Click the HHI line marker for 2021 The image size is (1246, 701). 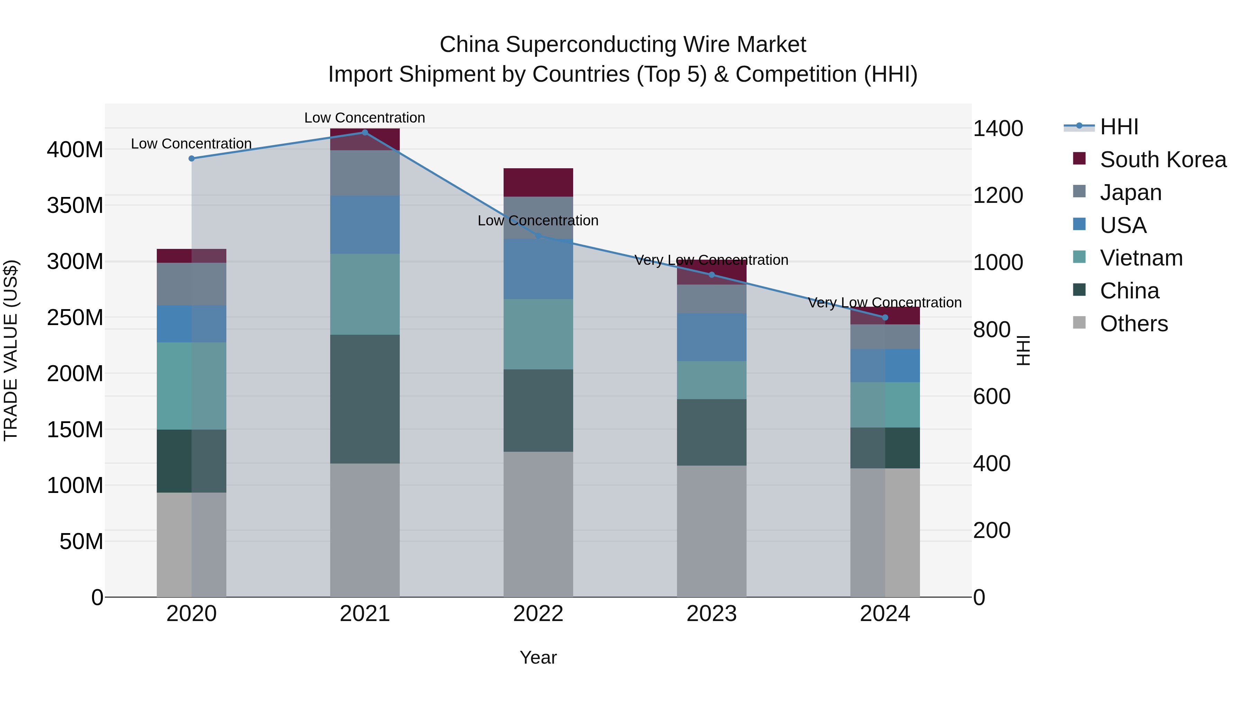(x=365, y=133)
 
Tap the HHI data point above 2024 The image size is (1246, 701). (x=885, y=317)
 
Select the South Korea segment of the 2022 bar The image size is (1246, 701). (x=538, y=182)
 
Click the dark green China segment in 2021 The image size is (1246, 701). (x=365, y=399)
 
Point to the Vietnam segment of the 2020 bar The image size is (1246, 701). (x=191, y=386)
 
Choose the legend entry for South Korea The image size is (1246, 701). (x=1163, y=160)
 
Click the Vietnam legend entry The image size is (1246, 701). (x=1141, y=258)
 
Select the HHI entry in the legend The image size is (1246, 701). (x=1119, y=127)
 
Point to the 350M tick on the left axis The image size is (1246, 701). (x=75, y=206)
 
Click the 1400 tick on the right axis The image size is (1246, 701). (x=998, y=129)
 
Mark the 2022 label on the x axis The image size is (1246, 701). (x=538, y=614)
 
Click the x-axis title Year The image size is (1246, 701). (x=538, y=657)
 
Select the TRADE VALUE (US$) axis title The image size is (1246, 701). (x=11, y=350)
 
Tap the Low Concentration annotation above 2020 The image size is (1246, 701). (x=191, y=144)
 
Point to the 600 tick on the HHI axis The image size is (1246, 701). (x=992, y=397)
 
